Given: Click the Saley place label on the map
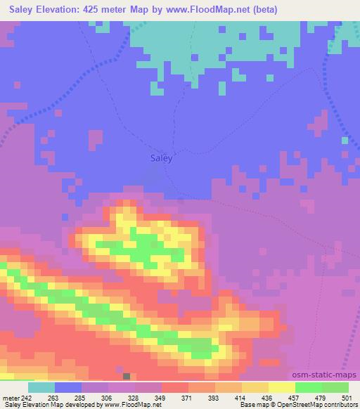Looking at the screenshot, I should pos(162,159).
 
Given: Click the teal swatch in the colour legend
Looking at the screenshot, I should pos(41,387).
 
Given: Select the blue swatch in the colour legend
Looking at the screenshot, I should pos(68,387).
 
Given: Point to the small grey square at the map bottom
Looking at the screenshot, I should pos(127,377).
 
